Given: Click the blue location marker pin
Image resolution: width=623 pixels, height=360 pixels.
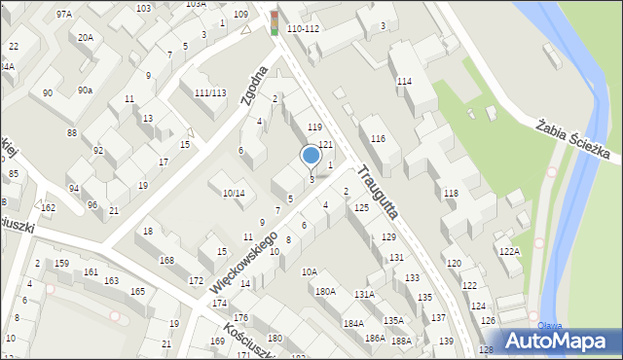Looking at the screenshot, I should tap(311, 156).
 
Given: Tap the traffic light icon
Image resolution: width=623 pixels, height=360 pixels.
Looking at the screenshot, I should tap(275, 22).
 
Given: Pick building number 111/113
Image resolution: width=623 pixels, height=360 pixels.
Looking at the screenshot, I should tap(210, 93).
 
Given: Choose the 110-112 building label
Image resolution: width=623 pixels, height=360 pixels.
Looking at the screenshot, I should tap(304, 29).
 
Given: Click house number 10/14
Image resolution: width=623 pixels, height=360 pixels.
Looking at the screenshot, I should tap(234, 194).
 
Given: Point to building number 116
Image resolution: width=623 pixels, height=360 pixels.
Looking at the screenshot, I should tap(379, 140).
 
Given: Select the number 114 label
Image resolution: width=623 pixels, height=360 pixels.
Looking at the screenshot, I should tap(405, 82).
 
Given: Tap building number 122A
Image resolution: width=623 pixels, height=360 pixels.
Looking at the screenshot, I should tap(510, 251).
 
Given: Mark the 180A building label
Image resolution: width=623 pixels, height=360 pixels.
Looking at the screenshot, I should tap(325, 291).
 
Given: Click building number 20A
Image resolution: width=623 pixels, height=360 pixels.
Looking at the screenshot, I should tap(87, 37).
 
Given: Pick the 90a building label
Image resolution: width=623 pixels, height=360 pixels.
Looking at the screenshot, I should tap(86, 90).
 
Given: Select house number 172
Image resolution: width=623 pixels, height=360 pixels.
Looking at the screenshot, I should tap(196, 281).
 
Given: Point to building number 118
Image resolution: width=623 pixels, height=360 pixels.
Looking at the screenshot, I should tap(451, 194).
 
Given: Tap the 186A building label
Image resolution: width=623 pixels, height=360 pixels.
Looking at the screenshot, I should tap(375, 338).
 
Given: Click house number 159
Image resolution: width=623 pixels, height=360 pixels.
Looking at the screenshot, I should tap(61, 264).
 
